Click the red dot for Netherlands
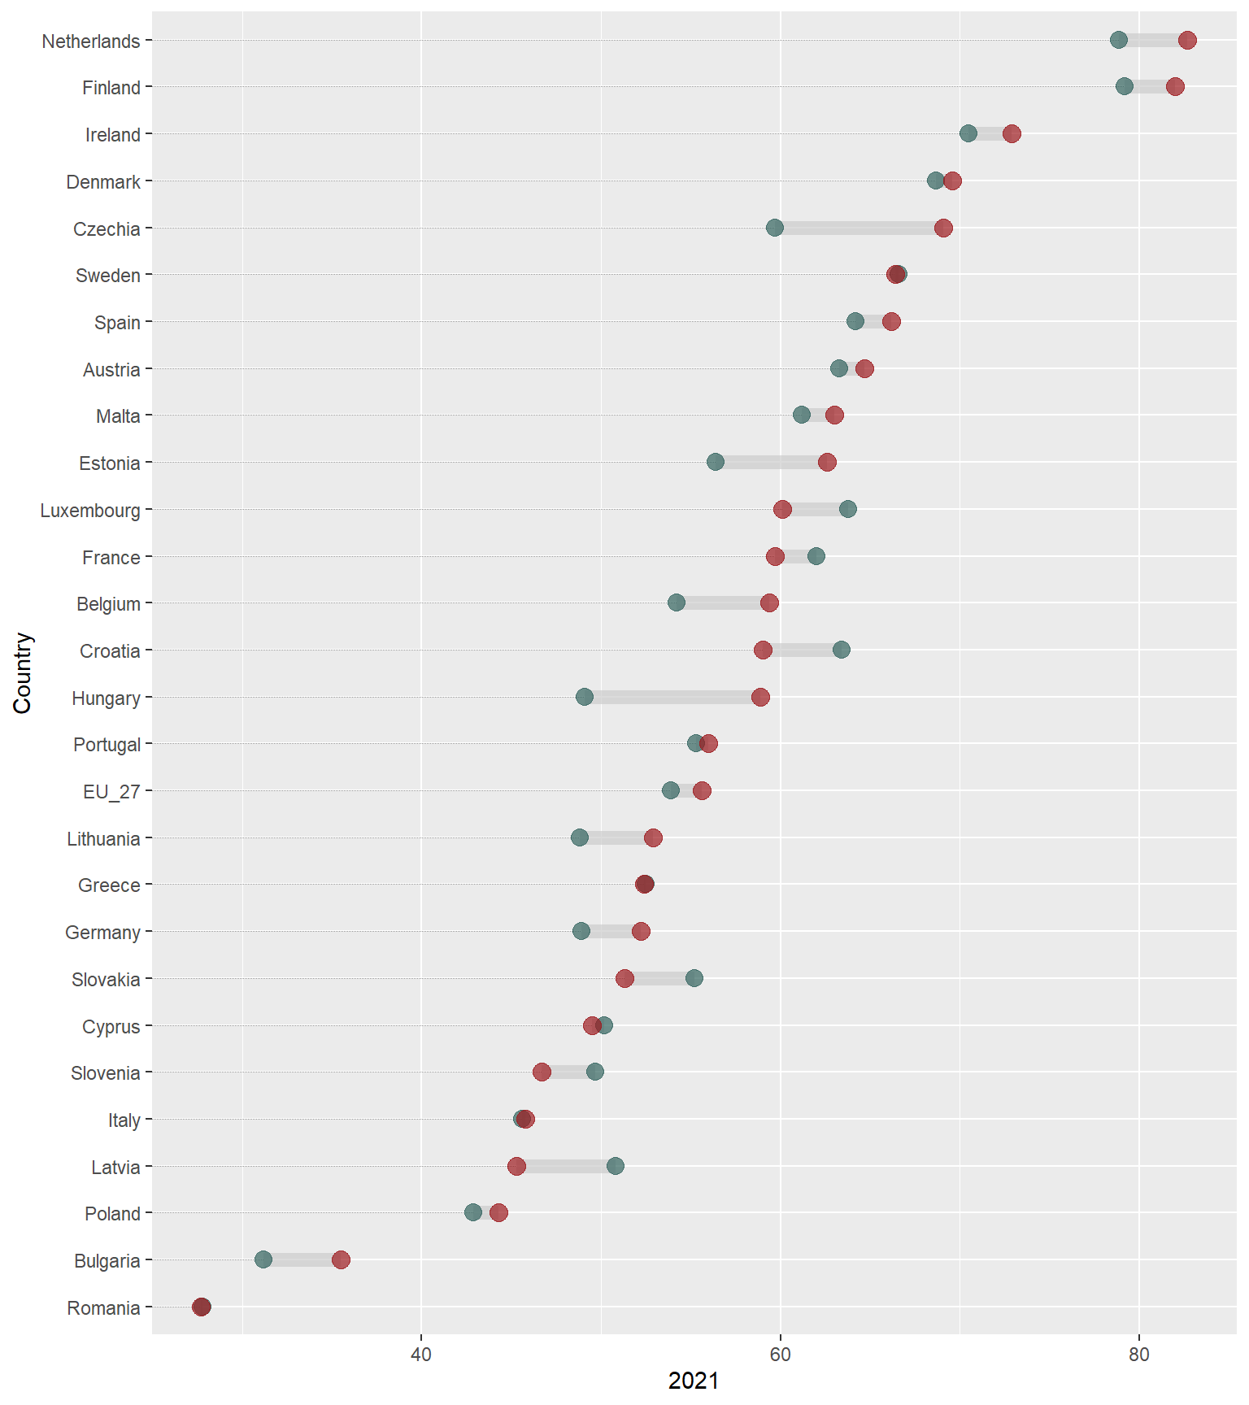[x=1187, y=41]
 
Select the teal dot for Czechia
[x=775, y=228]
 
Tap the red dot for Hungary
[x=760, y=697]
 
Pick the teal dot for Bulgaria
[x=263, y=1259]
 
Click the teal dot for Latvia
[x=616, y=1166]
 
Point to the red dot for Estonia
[x=827, y=463]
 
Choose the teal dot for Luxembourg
[x=848, y=509]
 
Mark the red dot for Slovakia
[x=624, y=978]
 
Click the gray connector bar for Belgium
[x=723, y=603]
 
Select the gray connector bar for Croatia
[x=802, y=650]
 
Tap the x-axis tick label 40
[x=421, y=1354]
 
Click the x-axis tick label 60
[x=781, y=1354]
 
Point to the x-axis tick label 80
[x=1139, y=1354]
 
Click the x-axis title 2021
[x=694, y=1381]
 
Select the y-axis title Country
[x=22, y=673]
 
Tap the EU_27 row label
[x=111, y=791]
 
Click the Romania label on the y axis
[x=103, y=1307]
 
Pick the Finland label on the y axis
[x=111, y=88]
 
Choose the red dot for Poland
[x=498, y=1213]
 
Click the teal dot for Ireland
[x=968, y=133]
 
